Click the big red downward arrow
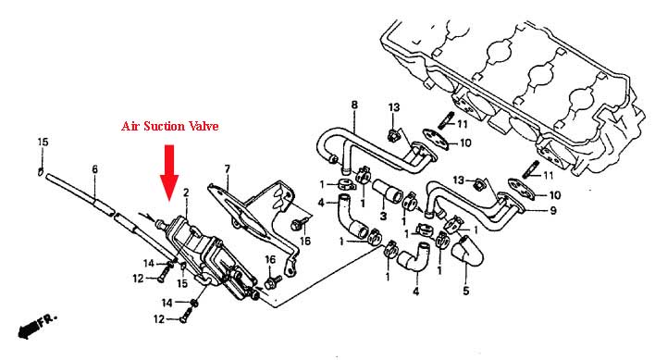click(x=169, y=172)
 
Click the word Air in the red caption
click(x=130, y=126)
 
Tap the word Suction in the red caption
click(x=165, y=126)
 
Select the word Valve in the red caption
click(x=204, y=126)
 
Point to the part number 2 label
click(x=186, y=192)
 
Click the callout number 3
click(x=383, y=216)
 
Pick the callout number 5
click(x=466, y=290)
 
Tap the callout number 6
click(x=94, y=169)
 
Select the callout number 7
click(x=227, y=169)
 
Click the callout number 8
click(x=354, y=105)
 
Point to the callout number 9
click(x=553, y=210)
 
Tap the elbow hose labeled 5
click(x=468, y=251)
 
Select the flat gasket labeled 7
click(x=238, y=210)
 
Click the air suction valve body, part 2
click(x=209, y=255)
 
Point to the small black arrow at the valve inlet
click(x=146, y=217)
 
